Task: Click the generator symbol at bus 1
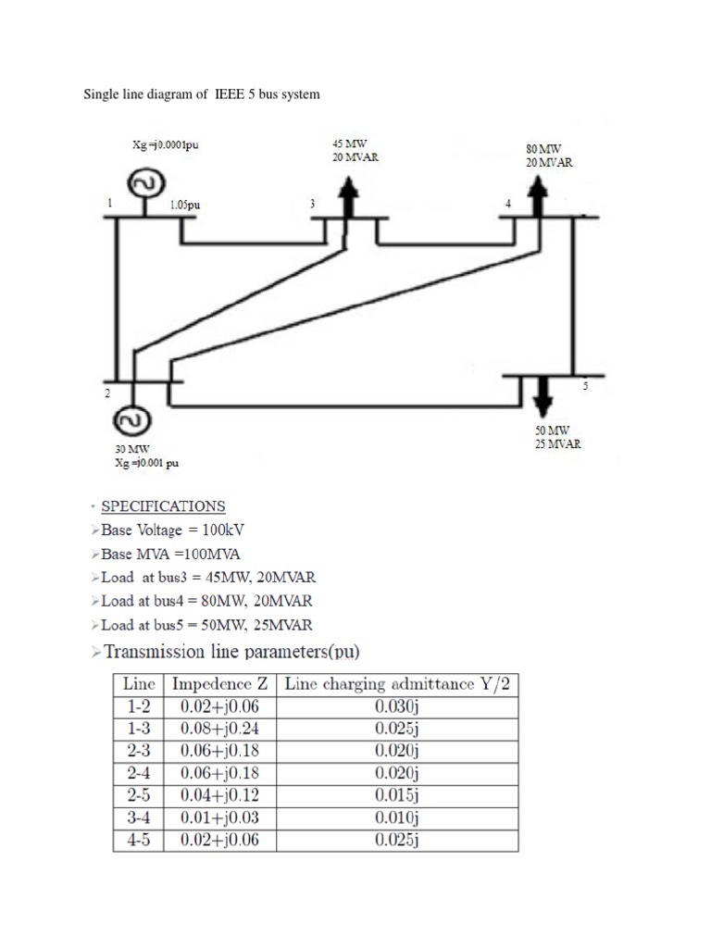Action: point(145,184)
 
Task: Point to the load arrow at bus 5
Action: point(543,396)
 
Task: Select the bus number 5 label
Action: point(585,386)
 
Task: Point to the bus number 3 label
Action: point(312,203)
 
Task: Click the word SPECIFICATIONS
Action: point(163,506)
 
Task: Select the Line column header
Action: point(138,685)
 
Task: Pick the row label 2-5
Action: point(138,796)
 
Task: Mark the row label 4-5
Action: point(138,841)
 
